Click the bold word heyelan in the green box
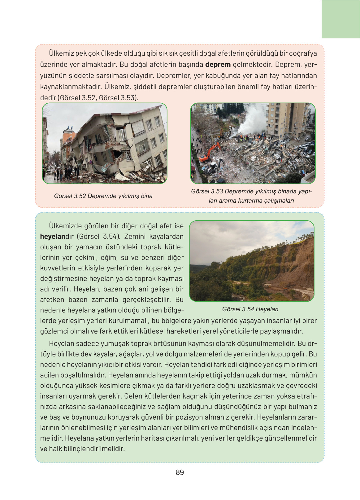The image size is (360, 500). coord(52,237)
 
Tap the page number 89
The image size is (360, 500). coord(180,472)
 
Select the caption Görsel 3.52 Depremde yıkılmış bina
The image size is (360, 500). coord(103,196)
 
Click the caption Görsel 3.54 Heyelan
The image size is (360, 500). coord(250,309)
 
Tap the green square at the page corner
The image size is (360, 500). coord(340,19)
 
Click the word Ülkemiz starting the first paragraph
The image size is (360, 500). coord(61,53)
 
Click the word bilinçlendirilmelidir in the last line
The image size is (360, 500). coord(94,449)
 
